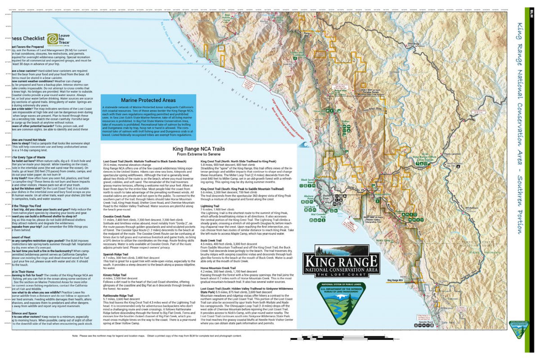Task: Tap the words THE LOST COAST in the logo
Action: tap(340, 274)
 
